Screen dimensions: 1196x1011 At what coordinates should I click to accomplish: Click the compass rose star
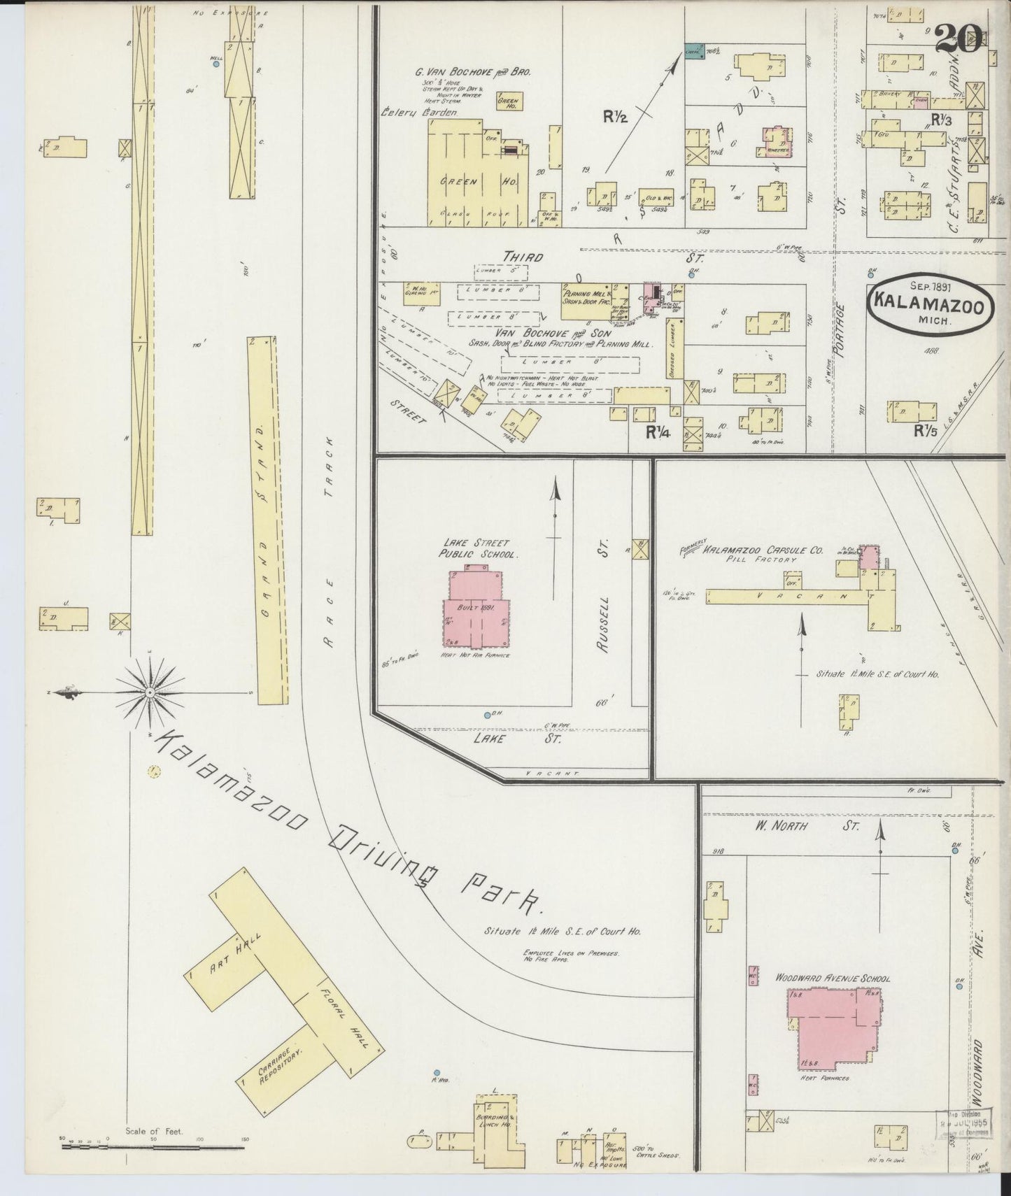[x=149, y=692]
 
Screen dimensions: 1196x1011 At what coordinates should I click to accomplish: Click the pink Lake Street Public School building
[x=474, y=613]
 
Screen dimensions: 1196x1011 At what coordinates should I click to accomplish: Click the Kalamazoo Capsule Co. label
[x=763, y=549]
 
